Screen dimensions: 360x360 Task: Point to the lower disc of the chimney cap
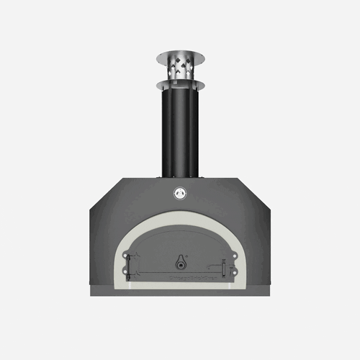pos(179,84)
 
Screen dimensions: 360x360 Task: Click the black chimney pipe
pos(179,130)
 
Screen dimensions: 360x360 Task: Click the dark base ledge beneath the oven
pos(179,292)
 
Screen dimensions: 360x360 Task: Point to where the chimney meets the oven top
pos(179,176)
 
